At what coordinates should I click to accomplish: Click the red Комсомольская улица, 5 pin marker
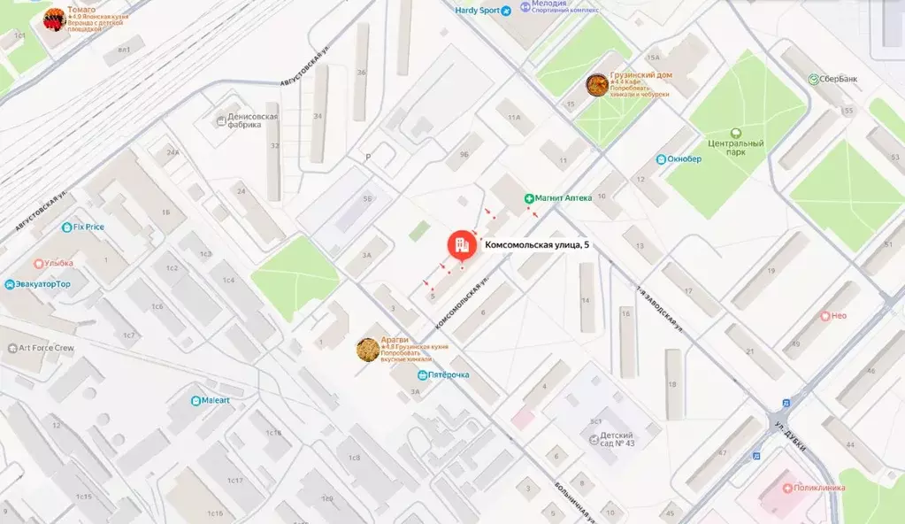(x=461, y=244)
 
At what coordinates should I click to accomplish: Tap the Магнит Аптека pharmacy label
(x=563, y=198)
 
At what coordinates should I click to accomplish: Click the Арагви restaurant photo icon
(x=368, y=350)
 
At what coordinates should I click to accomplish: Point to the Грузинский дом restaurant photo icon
(x=597, y=85)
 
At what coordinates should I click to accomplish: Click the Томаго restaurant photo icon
(x=54, y=19)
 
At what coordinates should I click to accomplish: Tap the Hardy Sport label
(x=478, y=12)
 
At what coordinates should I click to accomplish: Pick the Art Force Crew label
(x=47, y=348)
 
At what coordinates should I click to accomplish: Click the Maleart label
(x=215, y=400)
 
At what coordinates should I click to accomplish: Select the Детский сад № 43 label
(x=617, y=440)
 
